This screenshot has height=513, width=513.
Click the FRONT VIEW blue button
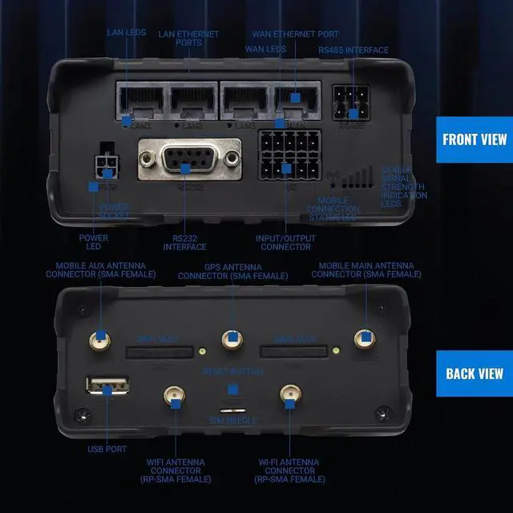[x=475, y=139]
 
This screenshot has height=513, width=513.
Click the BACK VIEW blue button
[x=475, y=374]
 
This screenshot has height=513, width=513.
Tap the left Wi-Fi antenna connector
[x=174, y=396]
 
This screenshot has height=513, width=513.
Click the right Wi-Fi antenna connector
[x=288, y=396]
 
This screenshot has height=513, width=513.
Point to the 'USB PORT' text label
[x=107, y=449]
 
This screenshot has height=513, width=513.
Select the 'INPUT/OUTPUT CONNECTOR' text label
[x=286, y=242]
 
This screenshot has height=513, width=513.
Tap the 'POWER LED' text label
[x=94, y=242]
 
